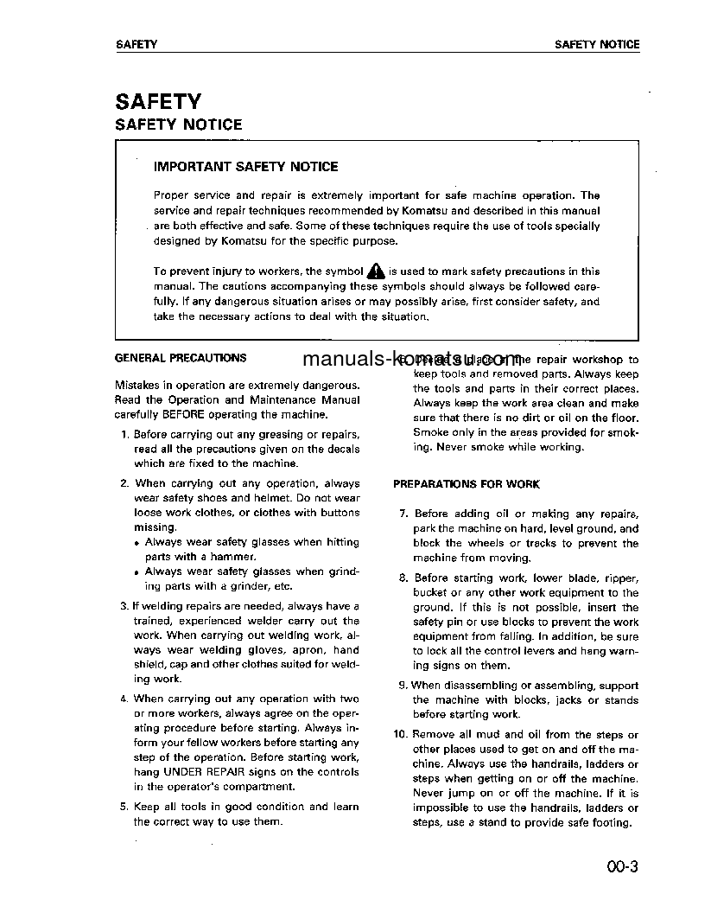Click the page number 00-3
(x=621, y=867)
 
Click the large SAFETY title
(x=158, y=102)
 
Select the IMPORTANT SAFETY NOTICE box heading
(x=245, y=166)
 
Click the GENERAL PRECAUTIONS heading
(x=180, y=358)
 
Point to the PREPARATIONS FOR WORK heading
(x=466, y=484)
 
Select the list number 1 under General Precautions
(x=126, y=434)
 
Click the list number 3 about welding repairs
(x=124, y=606)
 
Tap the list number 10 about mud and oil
(x=399, y=735)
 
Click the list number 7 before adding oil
(x=403, y=514)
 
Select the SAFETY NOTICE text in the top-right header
(x=597, y=44)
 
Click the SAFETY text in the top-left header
(x=136, y=44)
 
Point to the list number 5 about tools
(x=124, y=807)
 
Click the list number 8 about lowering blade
(x=403, y=578)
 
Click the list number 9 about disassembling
(x=403, y=686)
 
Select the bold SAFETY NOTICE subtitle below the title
(x=179, y=124)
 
